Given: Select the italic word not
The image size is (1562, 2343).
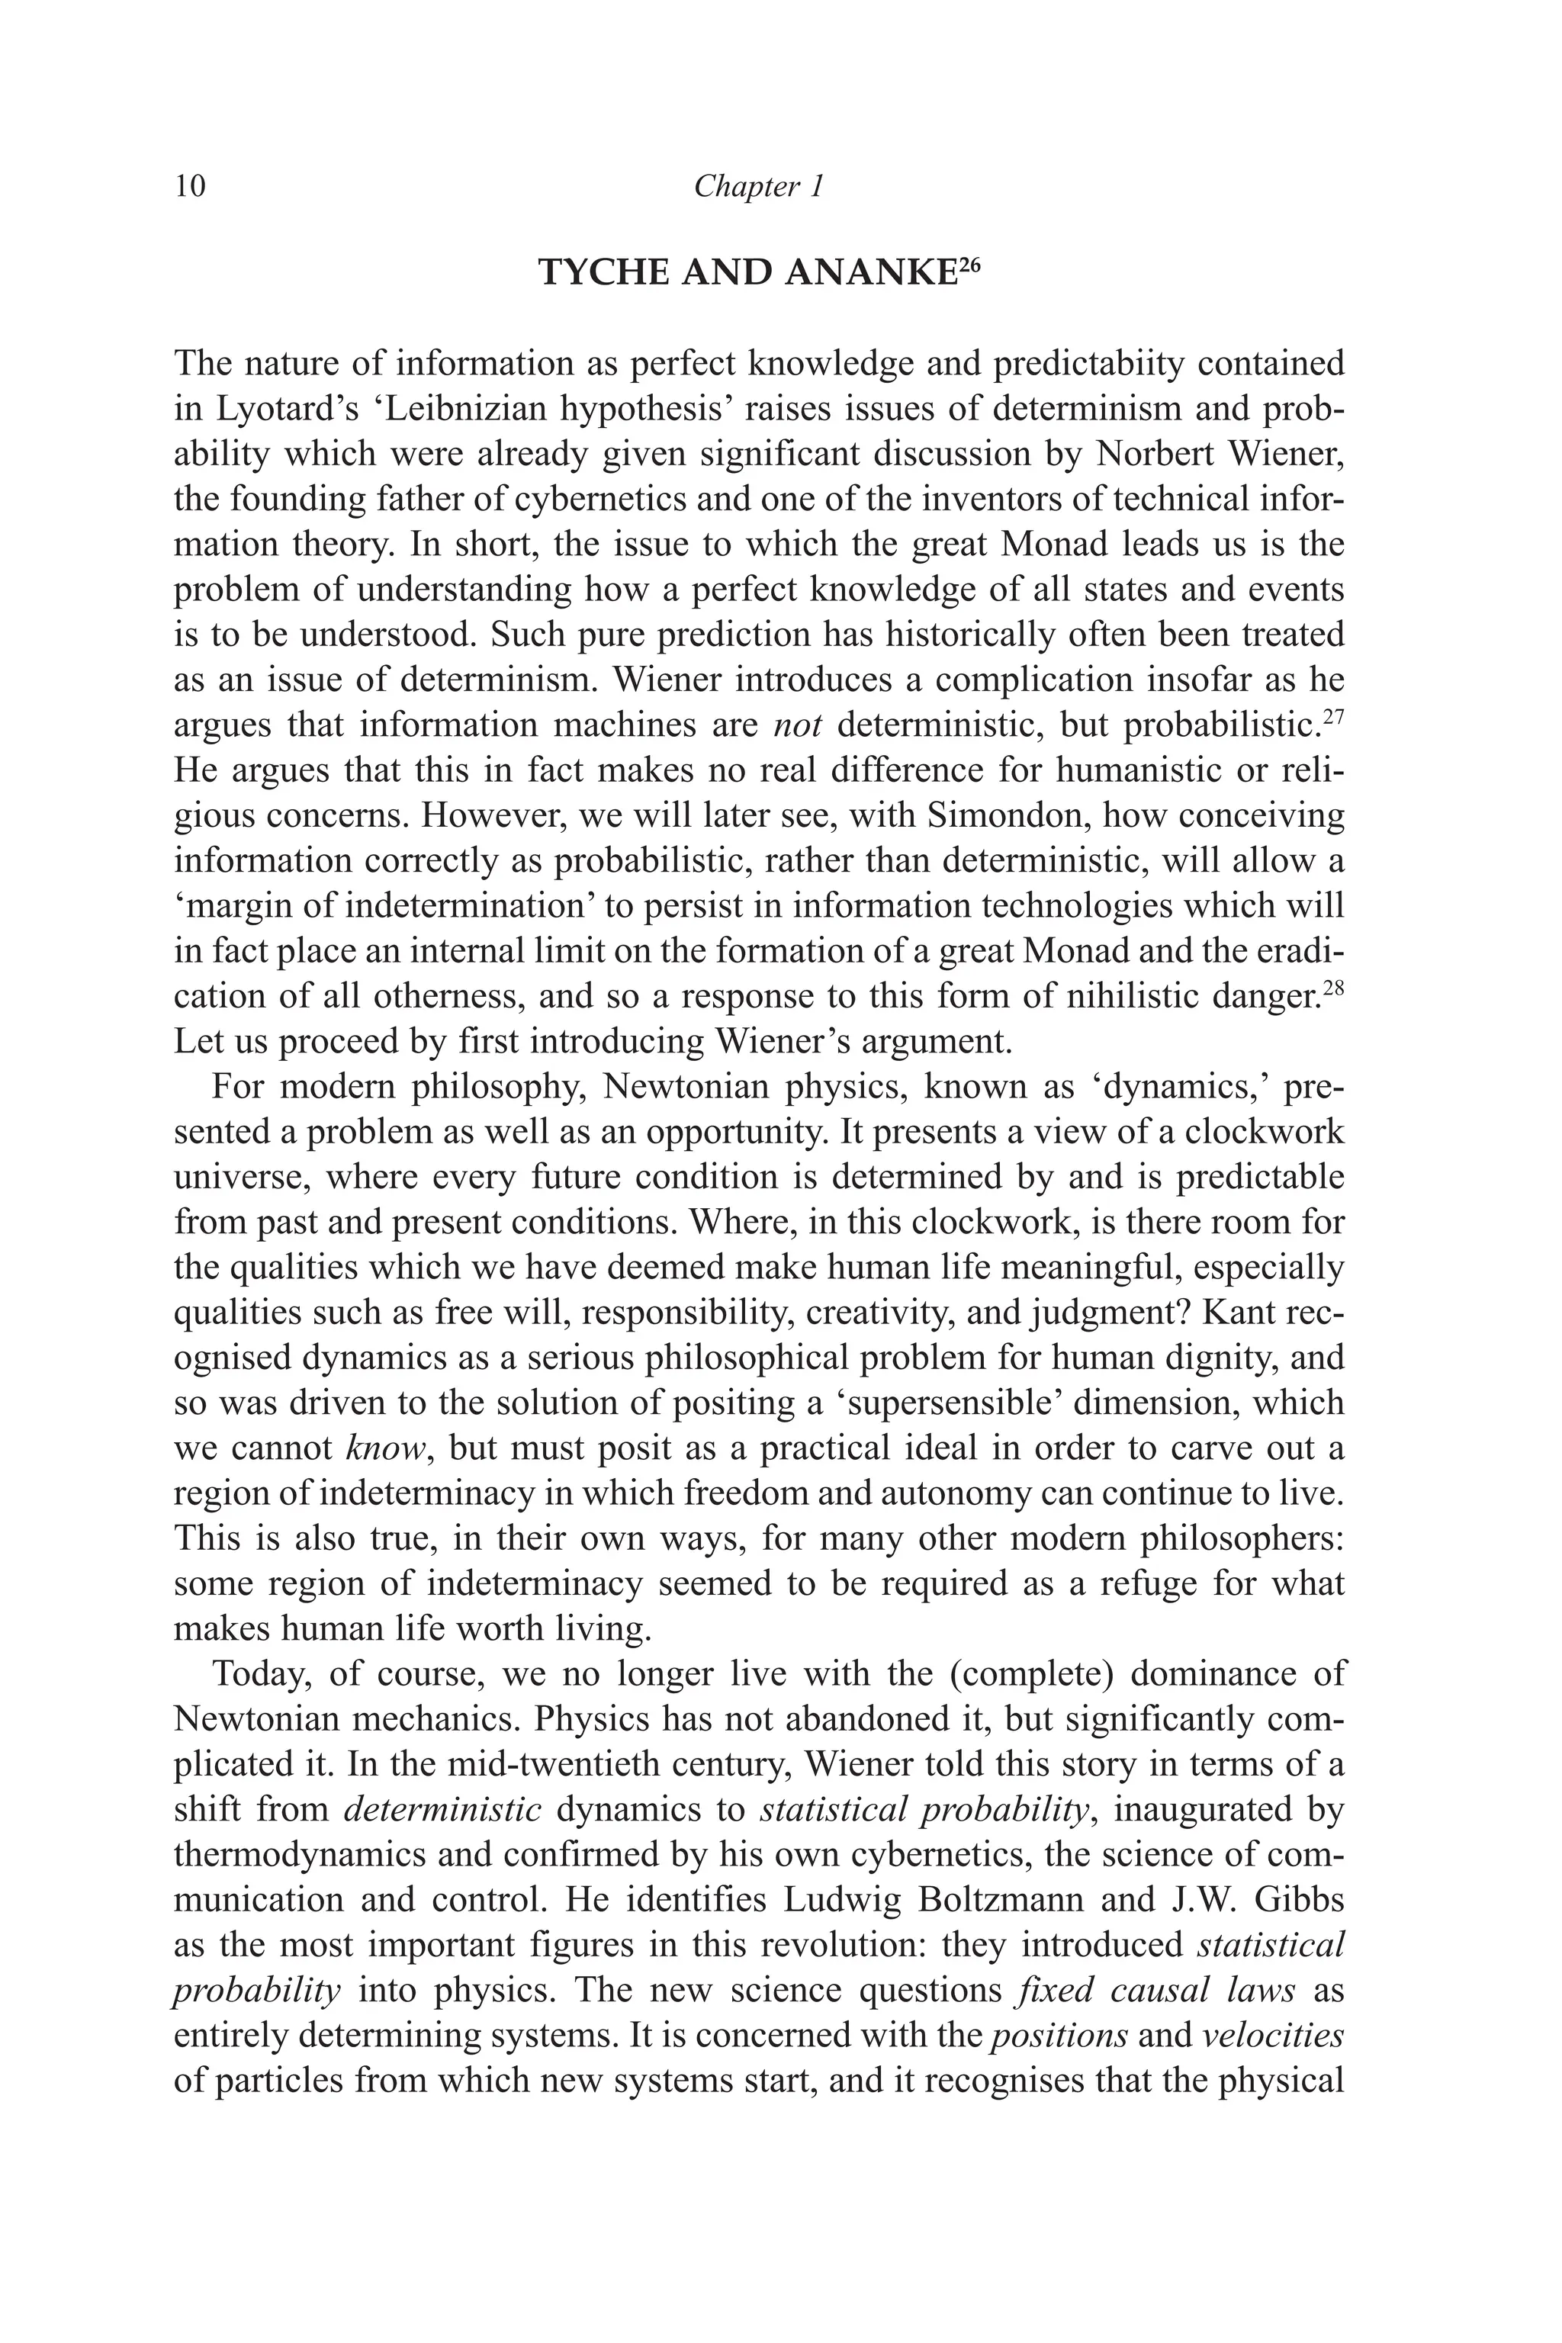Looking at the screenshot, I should click(797, 725).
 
